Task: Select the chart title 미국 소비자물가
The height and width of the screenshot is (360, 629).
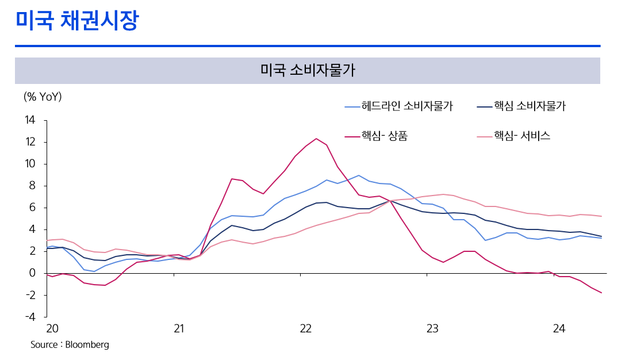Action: tap(307, 71)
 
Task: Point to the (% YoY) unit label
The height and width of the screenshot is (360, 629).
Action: tap(43, 97)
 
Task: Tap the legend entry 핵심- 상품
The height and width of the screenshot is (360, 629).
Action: tap(385, 136)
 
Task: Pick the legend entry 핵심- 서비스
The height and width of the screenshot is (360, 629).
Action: tap(522, 136)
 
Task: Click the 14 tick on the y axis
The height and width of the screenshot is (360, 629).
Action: tap(30, 120)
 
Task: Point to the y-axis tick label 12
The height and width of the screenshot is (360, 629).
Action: tap(30, 142)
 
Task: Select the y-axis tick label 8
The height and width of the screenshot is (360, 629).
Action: tap(32, 186)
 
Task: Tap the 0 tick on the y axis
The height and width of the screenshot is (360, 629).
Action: tap(32, 273)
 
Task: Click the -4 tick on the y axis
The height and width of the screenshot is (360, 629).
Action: tap(30, 317)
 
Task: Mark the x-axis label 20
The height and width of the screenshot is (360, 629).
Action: tap(52, 329)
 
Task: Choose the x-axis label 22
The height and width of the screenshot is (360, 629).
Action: tap(305, 329)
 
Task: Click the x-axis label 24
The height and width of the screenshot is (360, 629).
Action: tap(559, 329)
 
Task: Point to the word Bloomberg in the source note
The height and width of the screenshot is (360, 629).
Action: tap(87, 345)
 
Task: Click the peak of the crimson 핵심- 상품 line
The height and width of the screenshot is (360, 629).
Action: tap(316, 139)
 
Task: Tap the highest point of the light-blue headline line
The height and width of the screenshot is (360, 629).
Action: tap(359, 175)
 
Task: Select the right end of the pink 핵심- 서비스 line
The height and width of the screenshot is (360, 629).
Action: tap(601, 216)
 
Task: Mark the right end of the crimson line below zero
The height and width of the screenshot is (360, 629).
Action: tap(601, 293)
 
